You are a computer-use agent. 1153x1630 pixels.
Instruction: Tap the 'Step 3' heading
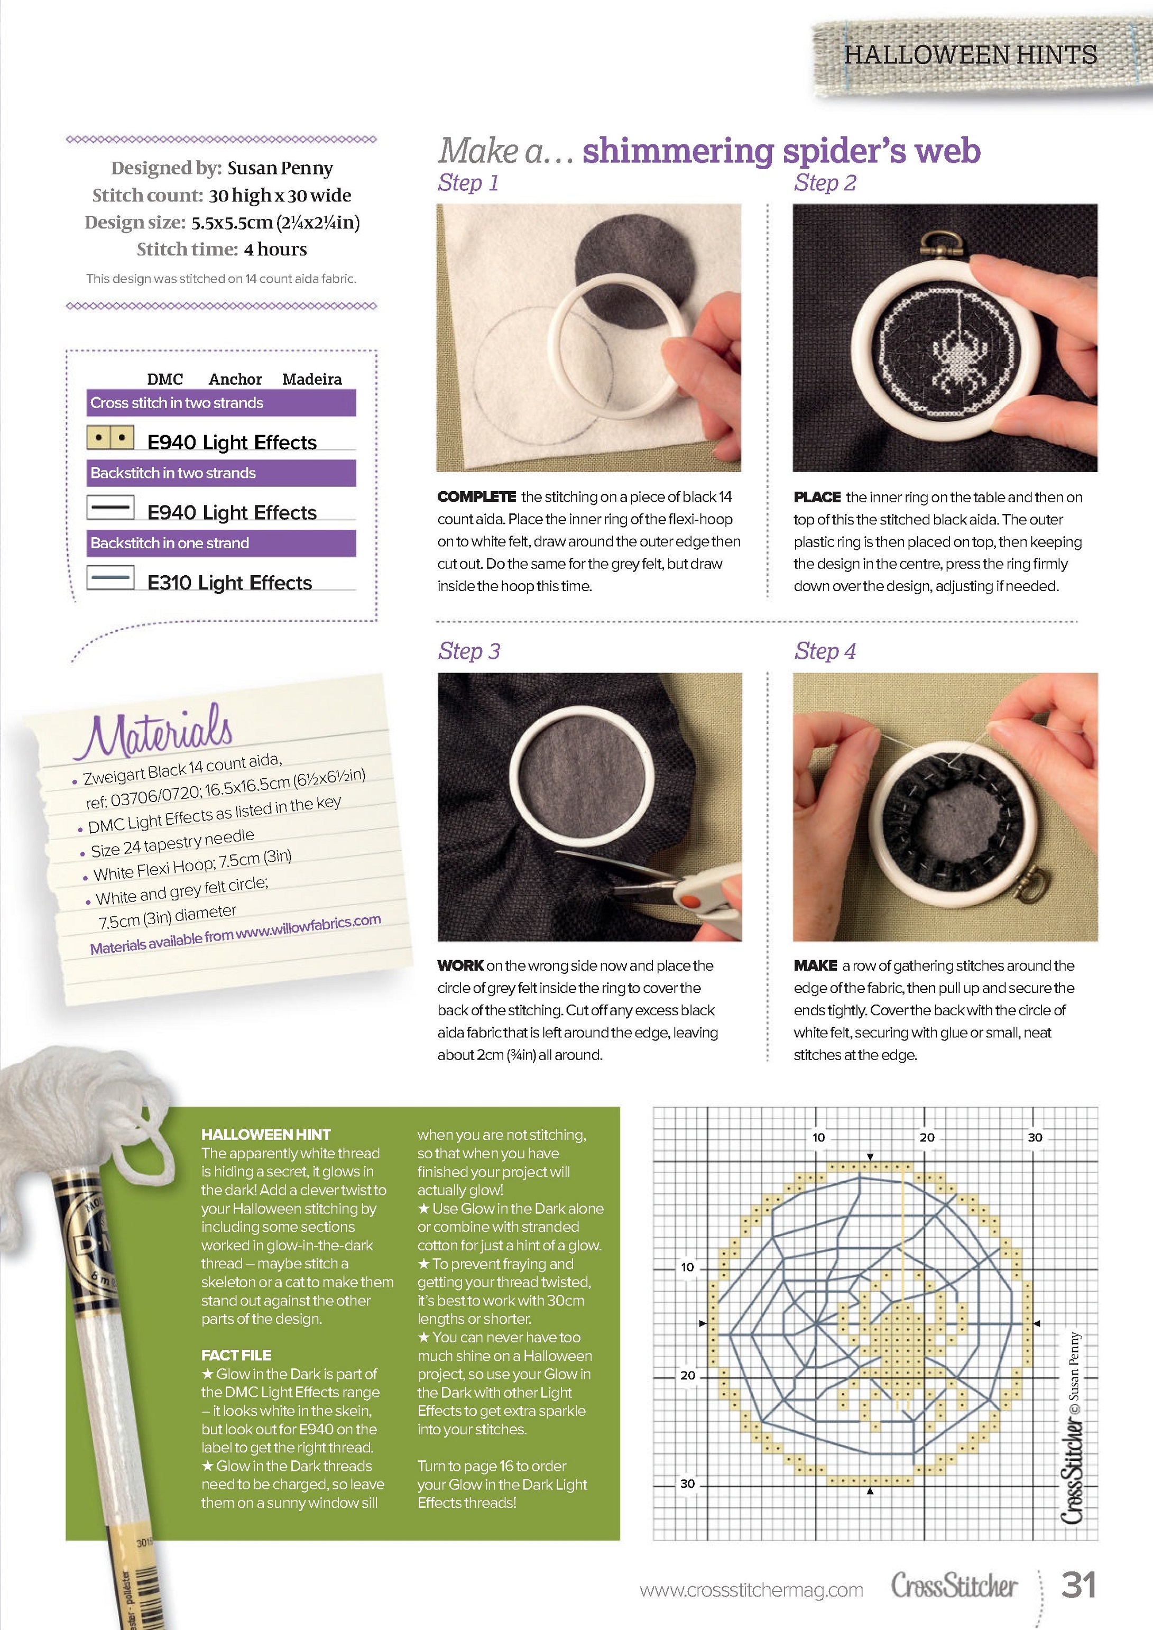pos(469,651)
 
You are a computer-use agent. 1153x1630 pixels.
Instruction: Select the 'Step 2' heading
pos(825,183)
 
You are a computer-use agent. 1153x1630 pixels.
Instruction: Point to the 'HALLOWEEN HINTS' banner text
pos(971,54)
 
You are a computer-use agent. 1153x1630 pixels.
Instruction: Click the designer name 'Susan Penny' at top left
pos(280,168)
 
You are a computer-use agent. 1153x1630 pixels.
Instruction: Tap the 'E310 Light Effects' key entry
pos(229,583)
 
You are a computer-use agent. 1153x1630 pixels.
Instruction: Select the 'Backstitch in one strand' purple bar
pos(221,543)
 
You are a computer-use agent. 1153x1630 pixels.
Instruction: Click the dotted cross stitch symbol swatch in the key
pos(110,438)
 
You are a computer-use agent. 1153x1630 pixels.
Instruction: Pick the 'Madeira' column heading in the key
pos(312,379)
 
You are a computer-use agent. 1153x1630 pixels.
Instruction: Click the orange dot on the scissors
pos(687,901)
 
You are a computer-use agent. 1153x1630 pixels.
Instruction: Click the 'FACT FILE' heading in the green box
pos(236,1355)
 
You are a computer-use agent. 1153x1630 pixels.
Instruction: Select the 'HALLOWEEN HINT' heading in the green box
pos(266,1135)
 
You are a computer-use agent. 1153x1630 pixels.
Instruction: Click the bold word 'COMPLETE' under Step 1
pos(477,497)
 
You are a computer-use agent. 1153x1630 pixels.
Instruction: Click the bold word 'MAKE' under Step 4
pos(816,965)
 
